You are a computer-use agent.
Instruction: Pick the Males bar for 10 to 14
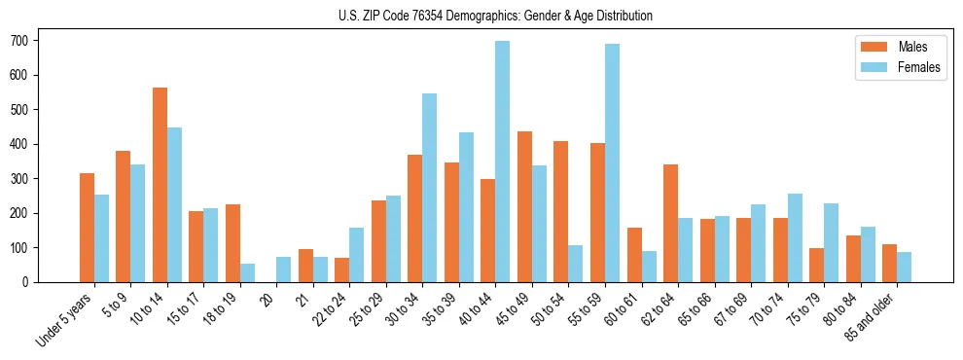tap(160, 185)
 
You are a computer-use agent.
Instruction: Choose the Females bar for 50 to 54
tap(576, 264)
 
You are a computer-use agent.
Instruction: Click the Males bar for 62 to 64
tap(670, 224)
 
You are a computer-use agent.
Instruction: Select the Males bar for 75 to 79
tap(816, 265)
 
